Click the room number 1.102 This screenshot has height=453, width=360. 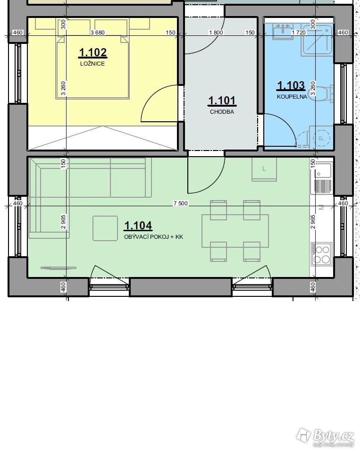[x=93, y=52]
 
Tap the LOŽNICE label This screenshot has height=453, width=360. [x=92, y=64]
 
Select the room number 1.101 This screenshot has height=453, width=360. [x=222, y=101]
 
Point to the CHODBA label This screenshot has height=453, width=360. [x=222, y=112]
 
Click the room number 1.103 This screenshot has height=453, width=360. [x=291, y=85]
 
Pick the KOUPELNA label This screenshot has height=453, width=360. [x=292, y=97]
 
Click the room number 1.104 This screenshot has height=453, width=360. [x=138, y=226]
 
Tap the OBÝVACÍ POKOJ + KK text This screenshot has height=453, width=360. [x=154, y=237]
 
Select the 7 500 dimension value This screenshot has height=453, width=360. [x=181, y=203]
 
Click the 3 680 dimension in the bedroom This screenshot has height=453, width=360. [x=98, y=33]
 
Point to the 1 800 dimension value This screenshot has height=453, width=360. [x=216, y=33]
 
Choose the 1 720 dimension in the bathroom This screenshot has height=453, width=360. [x=299, y=33]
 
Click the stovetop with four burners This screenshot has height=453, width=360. [x=321, y=254]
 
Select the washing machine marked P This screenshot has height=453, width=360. [x=321, y=137]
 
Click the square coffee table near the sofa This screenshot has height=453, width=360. [x=105, y=228]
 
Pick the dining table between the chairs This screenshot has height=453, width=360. [x=235, y=231]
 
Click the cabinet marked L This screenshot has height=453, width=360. [x=264, y=169]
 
